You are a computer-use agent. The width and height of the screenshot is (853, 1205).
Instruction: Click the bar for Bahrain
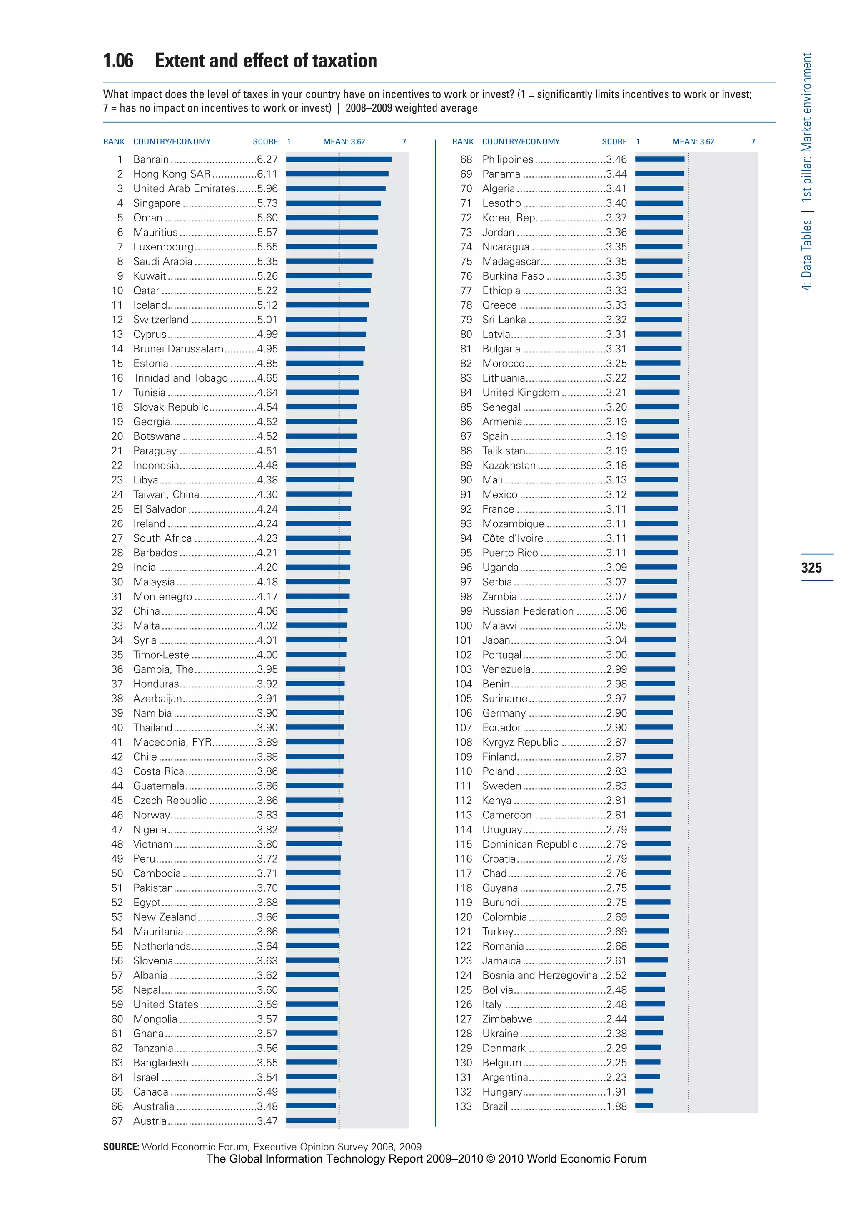339,159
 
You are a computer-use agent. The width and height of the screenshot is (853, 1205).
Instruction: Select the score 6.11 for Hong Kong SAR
267,174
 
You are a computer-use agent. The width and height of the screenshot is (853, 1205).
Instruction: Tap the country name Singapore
157,203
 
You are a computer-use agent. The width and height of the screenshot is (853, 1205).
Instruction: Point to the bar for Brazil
644,1106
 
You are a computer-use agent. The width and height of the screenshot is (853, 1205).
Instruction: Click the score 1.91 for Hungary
616,1092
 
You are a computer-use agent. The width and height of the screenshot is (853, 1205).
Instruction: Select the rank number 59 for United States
117,1004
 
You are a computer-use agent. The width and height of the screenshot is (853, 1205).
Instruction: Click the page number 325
811,567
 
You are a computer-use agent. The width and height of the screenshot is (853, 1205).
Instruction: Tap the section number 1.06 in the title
118,61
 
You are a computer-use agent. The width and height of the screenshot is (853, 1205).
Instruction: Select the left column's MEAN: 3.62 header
344,142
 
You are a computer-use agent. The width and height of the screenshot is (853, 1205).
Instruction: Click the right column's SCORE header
614,142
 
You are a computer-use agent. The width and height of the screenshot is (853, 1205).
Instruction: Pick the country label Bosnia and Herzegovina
539,975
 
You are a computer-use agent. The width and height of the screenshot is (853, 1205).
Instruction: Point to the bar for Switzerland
326,320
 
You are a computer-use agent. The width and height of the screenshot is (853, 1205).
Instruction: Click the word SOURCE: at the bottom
121,1147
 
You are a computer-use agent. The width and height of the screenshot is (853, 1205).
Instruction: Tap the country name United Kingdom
521,392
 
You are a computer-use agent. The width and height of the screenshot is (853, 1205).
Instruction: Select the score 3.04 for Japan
616,640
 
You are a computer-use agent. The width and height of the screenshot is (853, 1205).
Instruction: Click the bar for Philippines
660,159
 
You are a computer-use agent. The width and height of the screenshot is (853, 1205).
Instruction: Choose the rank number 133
463,1106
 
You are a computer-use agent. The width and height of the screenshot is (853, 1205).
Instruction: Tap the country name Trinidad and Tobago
180,378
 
